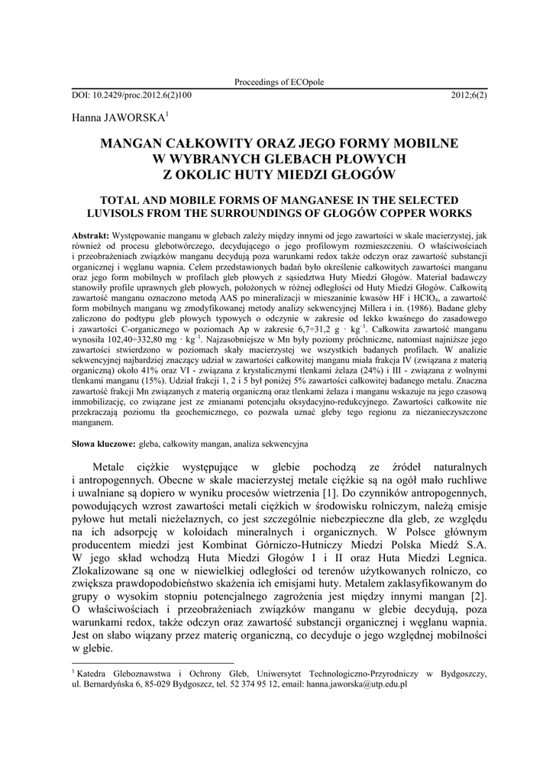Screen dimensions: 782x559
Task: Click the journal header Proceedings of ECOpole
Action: click(279, 82)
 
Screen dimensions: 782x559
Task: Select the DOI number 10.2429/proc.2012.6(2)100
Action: click(141, 95)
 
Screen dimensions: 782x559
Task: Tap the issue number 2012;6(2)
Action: click(469, 95)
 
